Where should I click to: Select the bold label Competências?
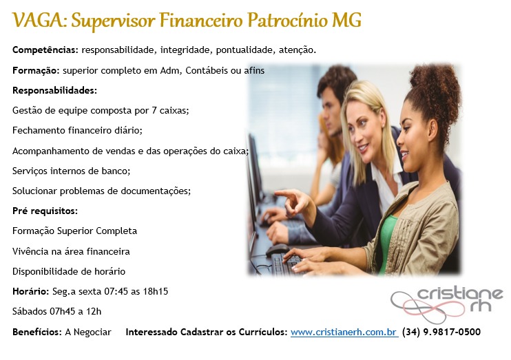point(45,50)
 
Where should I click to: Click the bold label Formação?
point(36,71)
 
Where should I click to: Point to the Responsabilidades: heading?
point(55,90)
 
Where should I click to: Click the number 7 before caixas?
point(154,110)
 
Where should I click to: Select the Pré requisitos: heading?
point(45,211)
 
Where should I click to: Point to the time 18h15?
point(156,291)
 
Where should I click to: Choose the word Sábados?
point(30,311)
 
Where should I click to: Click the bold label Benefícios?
point(37,332)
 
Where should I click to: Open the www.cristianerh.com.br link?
point(344,332)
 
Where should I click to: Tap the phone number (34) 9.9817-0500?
point(441,332)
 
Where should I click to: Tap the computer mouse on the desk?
point(278,250)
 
